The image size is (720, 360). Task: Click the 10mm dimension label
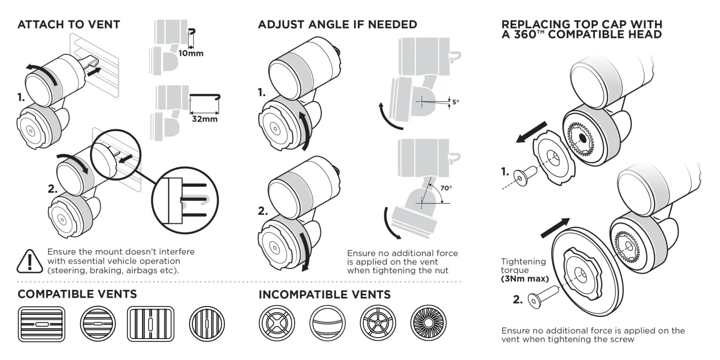pyautogui.click(x=191, y=53)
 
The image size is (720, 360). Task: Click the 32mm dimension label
pyautogui.click(x=204, y=119)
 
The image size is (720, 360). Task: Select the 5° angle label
pyautogui.click(x=455, y=102)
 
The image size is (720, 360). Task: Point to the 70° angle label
pyautogui.click(x=446, y=188)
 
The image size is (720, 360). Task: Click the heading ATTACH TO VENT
pyautogui.click(x=68, y=24)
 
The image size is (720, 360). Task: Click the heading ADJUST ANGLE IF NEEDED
pyautogui.click(x=337, y=24)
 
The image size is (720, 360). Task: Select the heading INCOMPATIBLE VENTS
pyautogui.click(x=324, y=295)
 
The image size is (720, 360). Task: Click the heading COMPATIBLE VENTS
pyautogui.click(x=77, y=294)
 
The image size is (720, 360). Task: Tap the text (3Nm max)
pyautogui.click(x=525, y=279)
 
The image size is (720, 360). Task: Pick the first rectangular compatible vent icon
pyautogui.click(x=41, y=324)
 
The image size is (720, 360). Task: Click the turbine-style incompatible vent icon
pyautogui.click(x=428, y=324)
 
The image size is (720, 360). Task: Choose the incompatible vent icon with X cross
pyautogui.click(x=277, y=324)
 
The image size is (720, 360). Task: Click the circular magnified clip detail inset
pyautogui.click(x=185, y=200)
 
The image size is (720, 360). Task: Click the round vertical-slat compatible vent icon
pyautogui.click(x=207, y=324)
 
